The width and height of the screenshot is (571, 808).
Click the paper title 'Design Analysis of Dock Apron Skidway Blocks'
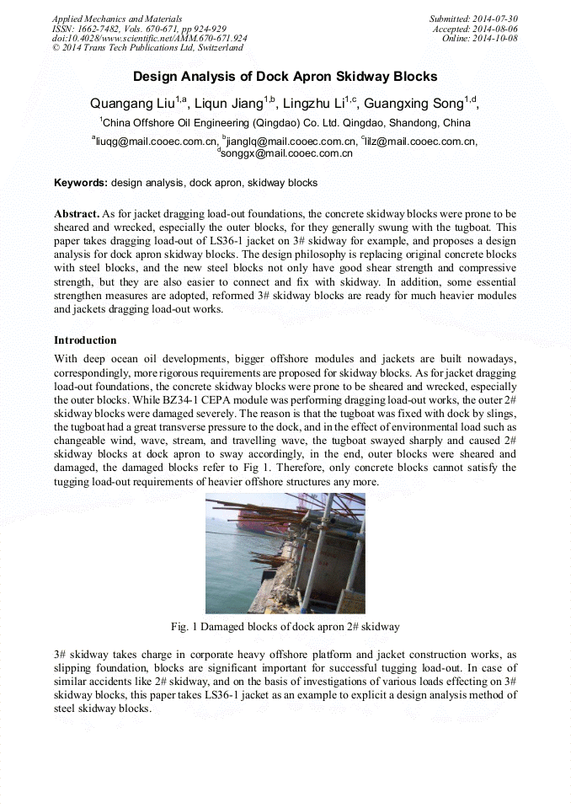[x=285, y=77]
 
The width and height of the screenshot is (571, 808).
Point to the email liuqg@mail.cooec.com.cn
[x=154, y=142]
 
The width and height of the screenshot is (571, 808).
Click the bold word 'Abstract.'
[x=77, y=214]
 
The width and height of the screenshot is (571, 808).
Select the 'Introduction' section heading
[x=85, y=340]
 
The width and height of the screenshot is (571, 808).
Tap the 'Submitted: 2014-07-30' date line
[x=473, y=19]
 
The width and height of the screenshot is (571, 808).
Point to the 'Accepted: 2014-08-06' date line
[x=476, y=29]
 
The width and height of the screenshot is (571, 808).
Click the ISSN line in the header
[x=139, y=29]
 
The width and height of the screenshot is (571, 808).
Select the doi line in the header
[x=149, y=39]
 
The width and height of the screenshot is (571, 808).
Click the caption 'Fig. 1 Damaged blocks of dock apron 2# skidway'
[x=285, y=627]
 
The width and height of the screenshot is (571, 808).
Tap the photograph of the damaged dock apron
[x=285, y=553]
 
